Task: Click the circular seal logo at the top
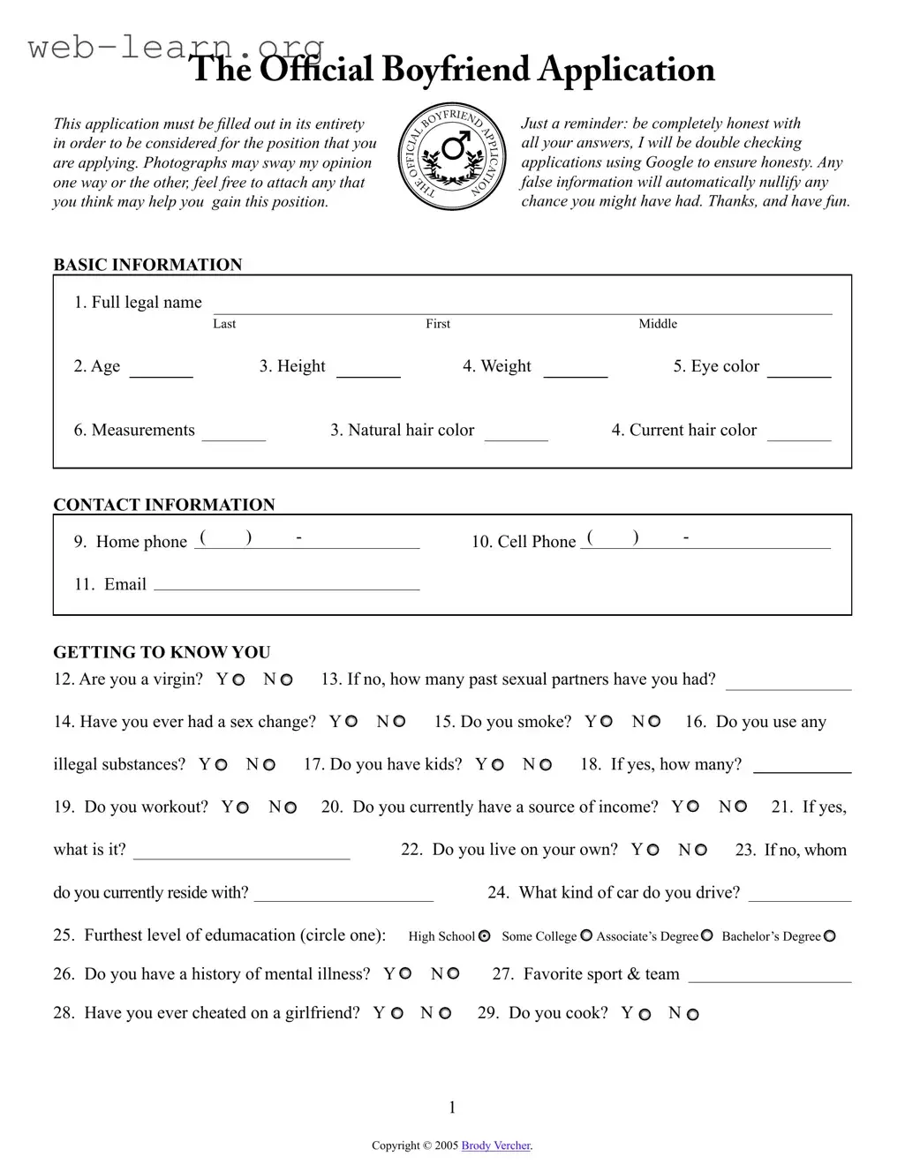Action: pyautogui.click(x=453, y=156)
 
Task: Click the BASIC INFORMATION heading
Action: pyautogui.click(x=147, y=265)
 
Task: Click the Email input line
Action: pyautogui.click(x=286, y=585)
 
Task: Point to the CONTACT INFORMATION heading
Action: pyautogui.click(x=164, y=505)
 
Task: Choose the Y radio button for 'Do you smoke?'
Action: pyautogui.click(x=606, y=722)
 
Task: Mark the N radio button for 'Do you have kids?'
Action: pyautogui.click(x=546, y=765)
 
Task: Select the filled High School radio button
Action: pyautogui.click(x=484, y=936)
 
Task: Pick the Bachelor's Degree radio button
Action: pyautogui.click(x=829, y=936)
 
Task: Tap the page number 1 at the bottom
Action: pyautogui.click(x=453, y=1107)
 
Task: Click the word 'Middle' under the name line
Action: pyautogui.click(x=658, y=324)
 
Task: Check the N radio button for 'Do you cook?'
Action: pyautogui.click(x=692, y=1015)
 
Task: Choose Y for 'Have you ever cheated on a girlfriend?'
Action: pyautogui.click(x=397, y=1014)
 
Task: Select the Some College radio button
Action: pyautogui.click(x=586, y=936)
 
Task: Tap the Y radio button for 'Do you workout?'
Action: pyautogui.click(x=243, y=807)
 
